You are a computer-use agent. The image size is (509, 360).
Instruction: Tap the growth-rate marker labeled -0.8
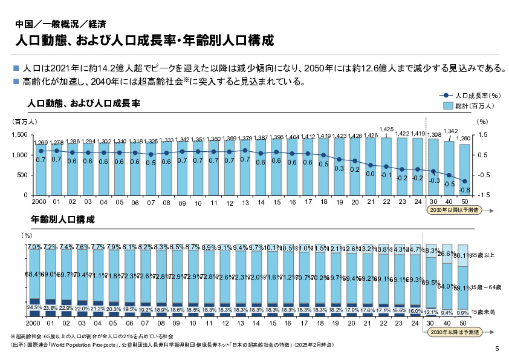click(464, 181)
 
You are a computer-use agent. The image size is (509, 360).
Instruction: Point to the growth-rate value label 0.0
click(371, 174)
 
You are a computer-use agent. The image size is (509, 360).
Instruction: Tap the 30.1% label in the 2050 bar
click(463, 256)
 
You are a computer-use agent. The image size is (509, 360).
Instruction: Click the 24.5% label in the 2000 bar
click(33, 308)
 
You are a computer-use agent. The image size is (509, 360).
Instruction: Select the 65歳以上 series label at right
click(484, 255)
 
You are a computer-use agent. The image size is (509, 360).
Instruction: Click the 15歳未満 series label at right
click(484, 312)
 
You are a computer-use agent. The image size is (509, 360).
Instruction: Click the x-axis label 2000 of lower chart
click(33, 324)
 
